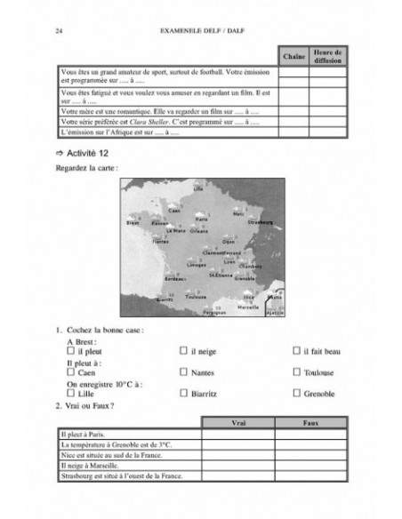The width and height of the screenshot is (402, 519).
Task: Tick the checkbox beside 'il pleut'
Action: pyautogui.click(x=70, y=351)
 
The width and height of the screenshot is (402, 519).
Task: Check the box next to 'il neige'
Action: pyautogui.click(x=182, y=351)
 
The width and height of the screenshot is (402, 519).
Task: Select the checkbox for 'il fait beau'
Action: pyautogui.click(x=295, y=351)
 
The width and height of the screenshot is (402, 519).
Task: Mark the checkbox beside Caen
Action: pyautogui.click(x=70, y=372)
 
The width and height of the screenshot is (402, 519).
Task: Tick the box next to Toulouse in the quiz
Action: pyautogui.click(x=295, y=372)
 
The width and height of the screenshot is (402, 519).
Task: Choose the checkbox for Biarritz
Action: pyautogui.click(x=182, y=393)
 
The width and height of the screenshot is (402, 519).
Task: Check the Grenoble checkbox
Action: pyautogui.click(x=295, y=393)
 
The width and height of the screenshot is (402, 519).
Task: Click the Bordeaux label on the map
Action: pyautogui.click(x=175, y=279)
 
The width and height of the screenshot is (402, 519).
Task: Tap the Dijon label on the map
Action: pyautogui.click(x=229, y=241)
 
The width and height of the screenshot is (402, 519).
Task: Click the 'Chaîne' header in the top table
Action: pyautogui.click(x=293, y=57)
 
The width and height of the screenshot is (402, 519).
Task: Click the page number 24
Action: pyautogui.click(x=59, y=30)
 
